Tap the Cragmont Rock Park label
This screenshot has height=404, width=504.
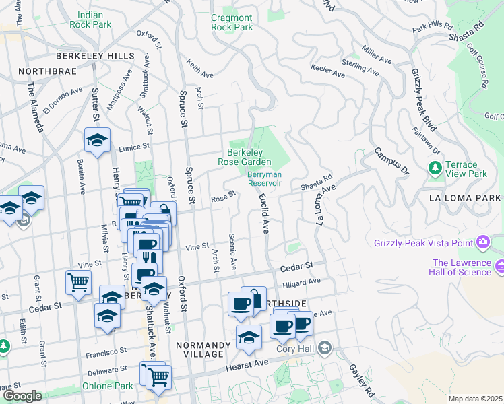pos(232,22)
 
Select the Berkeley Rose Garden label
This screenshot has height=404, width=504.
pos(244,157)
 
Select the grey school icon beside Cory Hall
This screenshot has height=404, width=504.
pos(325,348)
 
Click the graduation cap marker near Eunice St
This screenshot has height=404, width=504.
pos(97,140)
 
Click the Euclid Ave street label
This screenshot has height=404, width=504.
pos(264,214)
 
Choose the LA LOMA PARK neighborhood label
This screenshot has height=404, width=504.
pos(465,198)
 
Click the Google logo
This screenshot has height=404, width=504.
pos(22,396)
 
